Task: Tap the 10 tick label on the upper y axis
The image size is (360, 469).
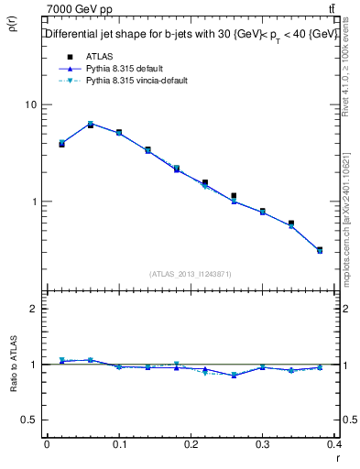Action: click(x=30, y=104)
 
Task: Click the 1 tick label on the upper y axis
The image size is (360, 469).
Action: click(x=33, y=202)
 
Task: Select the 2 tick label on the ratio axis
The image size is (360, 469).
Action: click(x=33, y=309)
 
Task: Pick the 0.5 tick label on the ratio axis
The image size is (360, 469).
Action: click(x=29, y=420)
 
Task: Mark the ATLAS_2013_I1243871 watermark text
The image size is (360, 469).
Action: click(x=190, y=274)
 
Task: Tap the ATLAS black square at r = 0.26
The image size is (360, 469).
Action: click(x=235, y=196)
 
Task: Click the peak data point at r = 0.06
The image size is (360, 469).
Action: click(x=90, y=125)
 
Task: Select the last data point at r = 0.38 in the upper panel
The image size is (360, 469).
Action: click(x=320, y=249)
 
